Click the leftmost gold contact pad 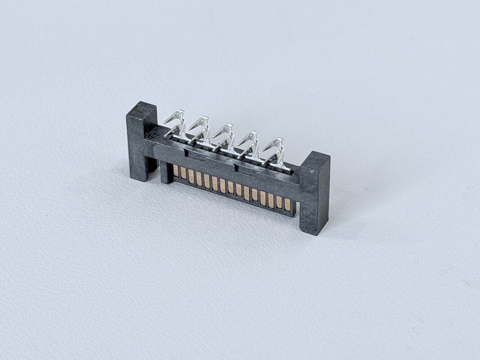175,171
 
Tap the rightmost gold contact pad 287,204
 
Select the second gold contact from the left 183,174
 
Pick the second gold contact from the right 279,202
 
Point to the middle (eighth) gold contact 231,188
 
